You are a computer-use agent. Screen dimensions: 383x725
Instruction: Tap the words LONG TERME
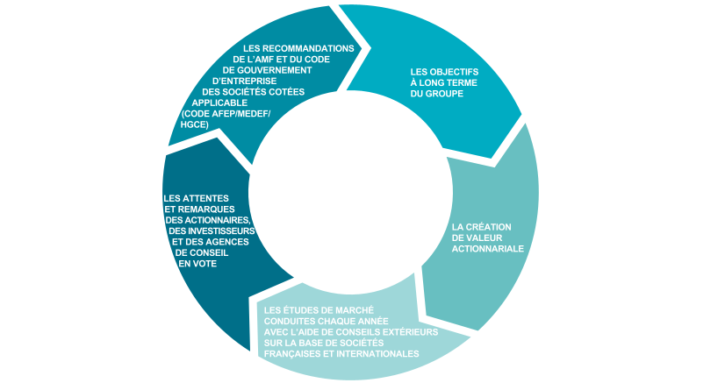pyautogui.click(x=443, y=82)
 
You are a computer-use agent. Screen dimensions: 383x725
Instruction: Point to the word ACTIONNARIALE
pyautogui.click(x=488, y=249)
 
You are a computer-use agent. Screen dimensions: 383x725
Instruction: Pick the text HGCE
pyautogui.click(x=194, y=124)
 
